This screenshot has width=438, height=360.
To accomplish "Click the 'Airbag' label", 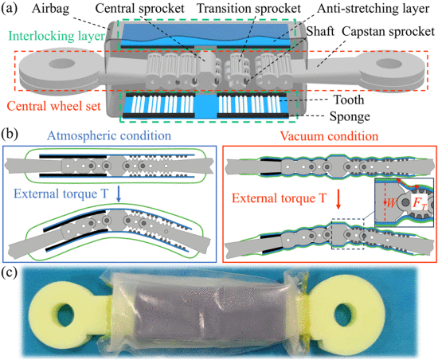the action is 50,9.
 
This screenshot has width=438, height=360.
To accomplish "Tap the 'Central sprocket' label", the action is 139,9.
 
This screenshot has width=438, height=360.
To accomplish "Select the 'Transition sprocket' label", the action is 249,9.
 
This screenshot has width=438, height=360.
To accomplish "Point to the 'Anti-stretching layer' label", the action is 373,9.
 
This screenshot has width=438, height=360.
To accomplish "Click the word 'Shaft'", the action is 320,31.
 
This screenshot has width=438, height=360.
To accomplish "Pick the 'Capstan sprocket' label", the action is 389,32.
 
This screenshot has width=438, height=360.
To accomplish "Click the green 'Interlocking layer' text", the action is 57,37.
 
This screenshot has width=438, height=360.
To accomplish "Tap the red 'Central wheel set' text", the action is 53,106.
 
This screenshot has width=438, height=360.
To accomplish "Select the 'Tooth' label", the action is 349,100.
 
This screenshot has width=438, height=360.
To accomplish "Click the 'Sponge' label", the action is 350,116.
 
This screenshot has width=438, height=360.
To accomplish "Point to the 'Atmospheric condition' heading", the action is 109,135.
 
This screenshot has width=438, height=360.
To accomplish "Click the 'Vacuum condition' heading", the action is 329,136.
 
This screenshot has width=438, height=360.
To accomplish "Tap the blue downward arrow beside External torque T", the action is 119,194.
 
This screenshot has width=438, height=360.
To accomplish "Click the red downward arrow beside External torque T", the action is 338,199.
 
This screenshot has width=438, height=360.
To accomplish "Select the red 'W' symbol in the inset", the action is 391,203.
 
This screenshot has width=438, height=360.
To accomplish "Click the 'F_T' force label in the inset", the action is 419,203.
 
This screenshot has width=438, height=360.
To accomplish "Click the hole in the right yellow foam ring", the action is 345,313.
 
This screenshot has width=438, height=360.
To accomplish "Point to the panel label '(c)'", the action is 9,272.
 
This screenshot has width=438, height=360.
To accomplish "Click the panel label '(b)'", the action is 10,134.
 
